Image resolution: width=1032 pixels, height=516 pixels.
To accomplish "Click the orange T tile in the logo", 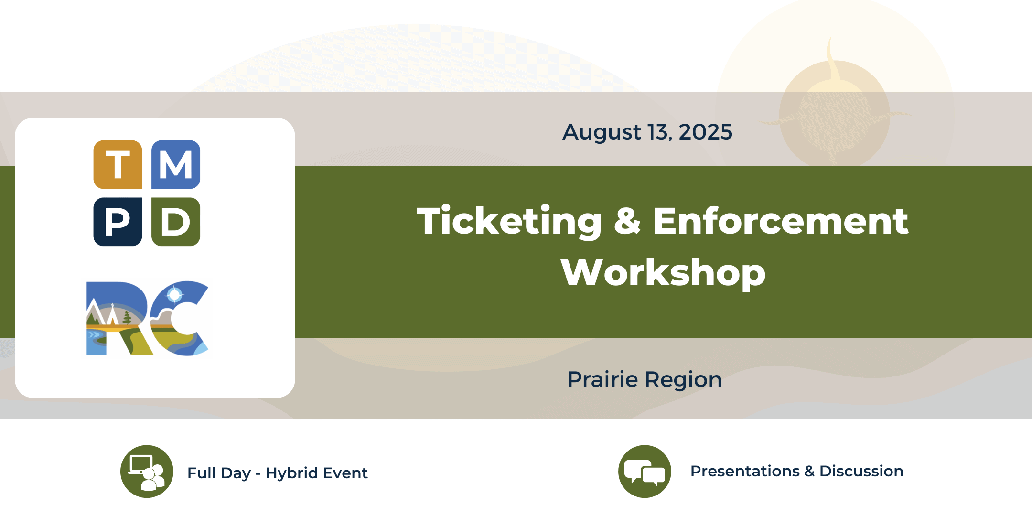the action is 118,164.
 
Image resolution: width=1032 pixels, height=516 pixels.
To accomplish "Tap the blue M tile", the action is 176,164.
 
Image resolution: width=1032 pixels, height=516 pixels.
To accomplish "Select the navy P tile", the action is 118,222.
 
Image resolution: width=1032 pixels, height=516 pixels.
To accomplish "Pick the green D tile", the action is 176,222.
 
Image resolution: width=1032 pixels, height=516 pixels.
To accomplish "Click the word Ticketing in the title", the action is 509,221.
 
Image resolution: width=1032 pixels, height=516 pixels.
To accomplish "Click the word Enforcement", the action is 781,221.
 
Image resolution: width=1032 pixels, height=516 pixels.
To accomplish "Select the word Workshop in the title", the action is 663,273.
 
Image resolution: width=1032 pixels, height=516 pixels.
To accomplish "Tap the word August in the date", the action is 602,133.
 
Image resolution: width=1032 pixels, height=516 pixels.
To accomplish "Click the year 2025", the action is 705,132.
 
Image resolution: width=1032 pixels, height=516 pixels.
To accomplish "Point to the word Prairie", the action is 602,379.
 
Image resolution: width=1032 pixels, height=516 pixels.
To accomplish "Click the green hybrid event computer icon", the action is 147,472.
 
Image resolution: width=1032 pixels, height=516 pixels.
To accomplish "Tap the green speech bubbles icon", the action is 645,472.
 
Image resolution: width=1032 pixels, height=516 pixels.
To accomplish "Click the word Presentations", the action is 745,471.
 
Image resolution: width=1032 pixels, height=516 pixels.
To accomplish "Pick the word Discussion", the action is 861,471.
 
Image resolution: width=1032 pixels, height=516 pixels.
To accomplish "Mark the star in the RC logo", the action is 174,295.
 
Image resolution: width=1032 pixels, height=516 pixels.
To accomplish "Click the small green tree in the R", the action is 127,317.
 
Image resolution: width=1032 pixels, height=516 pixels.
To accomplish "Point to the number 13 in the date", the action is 659,132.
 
